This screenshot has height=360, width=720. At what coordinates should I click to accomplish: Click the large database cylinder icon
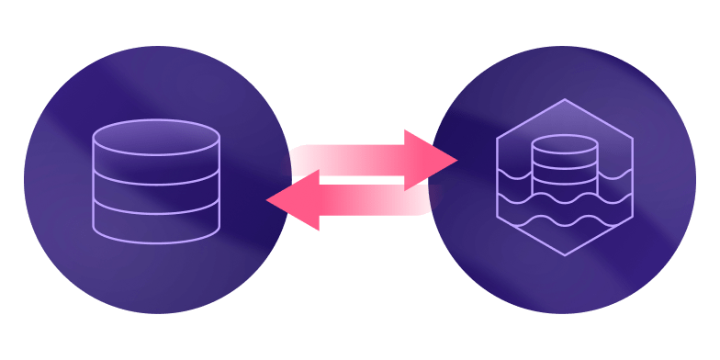pos(156,181)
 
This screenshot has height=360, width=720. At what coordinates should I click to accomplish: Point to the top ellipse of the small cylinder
pos(565,144)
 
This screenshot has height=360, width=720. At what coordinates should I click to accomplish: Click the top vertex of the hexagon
pos(565,99)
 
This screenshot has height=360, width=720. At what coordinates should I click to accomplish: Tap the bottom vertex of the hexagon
pos(565,255)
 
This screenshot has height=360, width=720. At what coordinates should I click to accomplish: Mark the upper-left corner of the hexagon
pos(498,138)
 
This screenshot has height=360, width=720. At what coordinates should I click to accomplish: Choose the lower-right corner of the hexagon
pos(633,217)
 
